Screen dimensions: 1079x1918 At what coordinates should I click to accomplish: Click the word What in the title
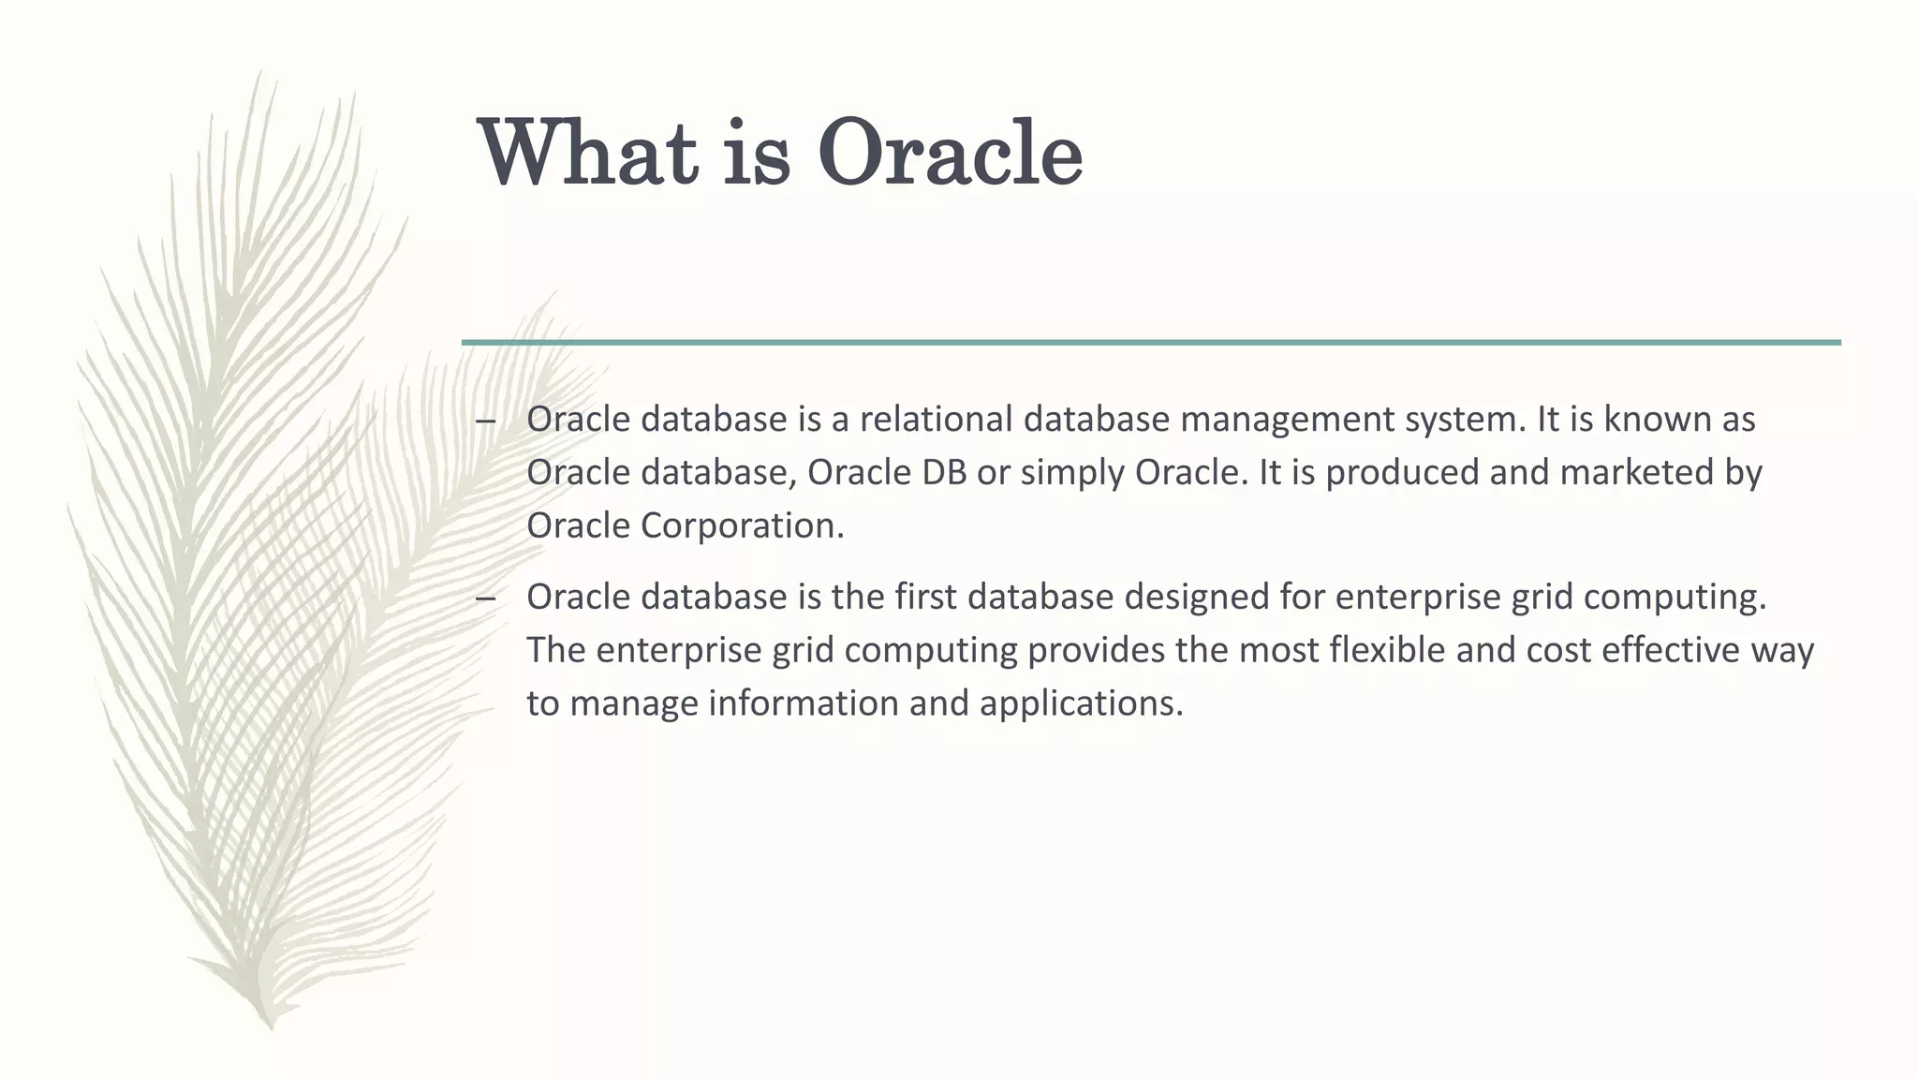[588, 153]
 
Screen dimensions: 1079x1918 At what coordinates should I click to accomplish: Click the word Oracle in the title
[950, 153]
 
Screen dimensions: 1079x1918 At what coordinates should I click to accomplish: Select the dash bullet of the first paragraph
[485, 421]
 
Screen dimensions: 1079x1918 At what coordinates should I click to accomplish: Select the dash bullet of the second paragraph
[485, 599]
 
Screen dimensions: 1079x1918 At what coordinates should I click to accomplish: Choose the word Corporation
[742, 525]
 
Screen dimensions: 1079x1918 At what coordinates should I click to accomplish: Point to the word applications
[1081, 703]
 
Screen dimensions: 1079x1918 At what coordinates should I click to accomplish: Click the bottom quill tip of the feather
[271, 1025]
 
